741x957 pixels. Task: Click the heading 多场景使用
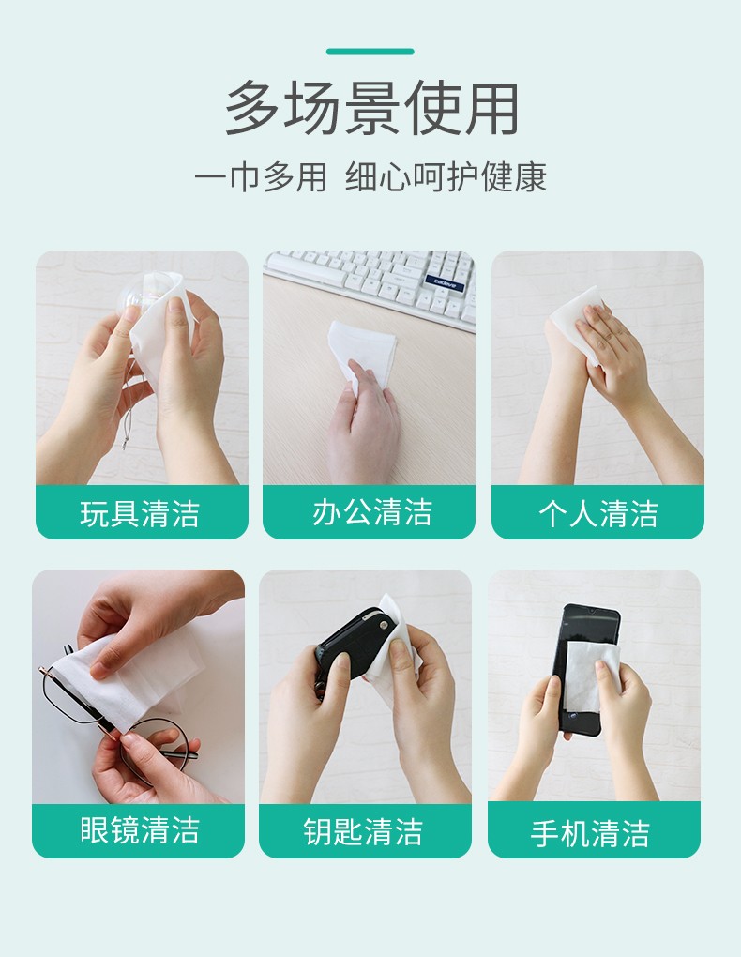tap(371, 108)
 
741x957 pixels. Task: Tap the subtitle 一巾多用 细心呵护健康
tap(370, 177)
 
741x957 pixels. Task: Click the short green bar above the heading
tap(370, 52)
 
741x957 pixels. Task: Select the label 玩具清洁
tap(140, 513)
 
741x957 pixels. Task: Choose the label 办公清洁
tap(371, 511)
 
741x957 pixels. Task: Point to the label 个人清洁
tap(598, 513)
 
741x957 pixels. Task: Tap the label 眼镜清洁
tap(140, 830)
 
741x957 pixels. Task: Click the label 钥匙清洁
tap(363, 831)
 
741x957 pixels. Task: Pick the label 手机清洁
tap(590, 833)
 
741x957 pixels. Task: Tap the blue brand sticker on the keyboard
tap(445, 283)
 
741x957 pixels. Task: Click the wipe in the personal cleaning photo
tap(577, 321)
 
